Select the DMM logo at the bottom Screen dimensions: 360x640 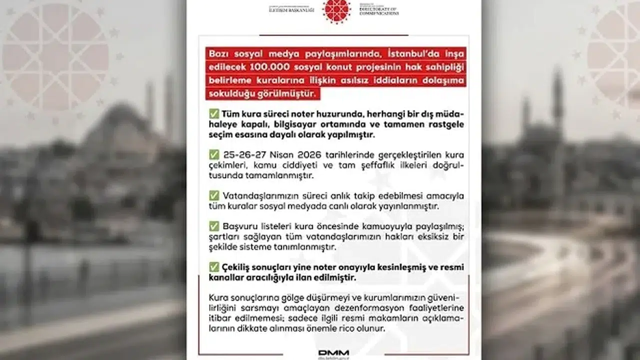[x=334, y=353]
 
